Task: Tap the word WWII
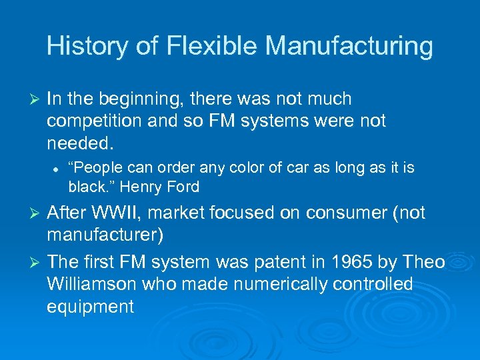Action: (x=117, y=213)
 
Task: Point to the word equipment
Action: (x=90, y=306)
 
